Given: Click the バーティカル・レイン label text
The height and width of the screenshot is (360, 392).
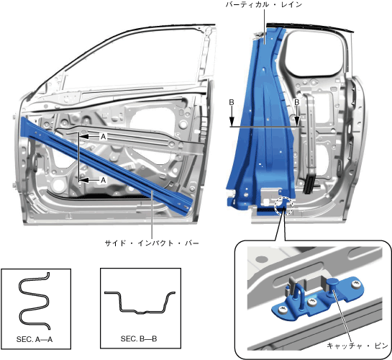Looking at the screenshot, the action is coord(264,4).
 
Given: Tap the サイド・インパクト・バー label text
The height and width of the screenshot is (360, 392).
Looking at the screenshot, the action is coord(152,243).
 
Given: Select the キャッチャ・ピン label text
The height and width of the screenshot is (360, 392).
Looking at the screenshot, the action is coord(357,346).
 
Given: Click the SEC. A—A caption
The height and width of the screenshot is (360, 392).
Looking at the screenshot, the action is coord(35,339).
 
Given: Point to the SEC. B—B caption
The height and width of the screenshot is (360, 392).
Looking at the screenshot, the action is coord(139,339).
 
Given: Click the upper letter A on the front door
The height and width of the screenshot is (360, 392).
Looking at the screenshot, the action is coord(103,137).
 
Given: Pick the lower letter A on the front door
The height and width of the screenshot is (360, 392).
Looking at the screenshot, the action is coord(103,180).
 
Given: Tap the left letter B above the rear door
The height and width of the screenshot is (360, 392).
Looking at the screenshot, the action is coord(232,102).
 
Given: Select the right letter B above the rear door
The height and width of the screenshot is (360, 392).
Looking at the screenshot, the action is coord(297,102).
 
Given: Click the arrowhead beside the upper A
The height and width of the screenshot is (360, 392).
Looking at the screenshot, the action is coord(84,137).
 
